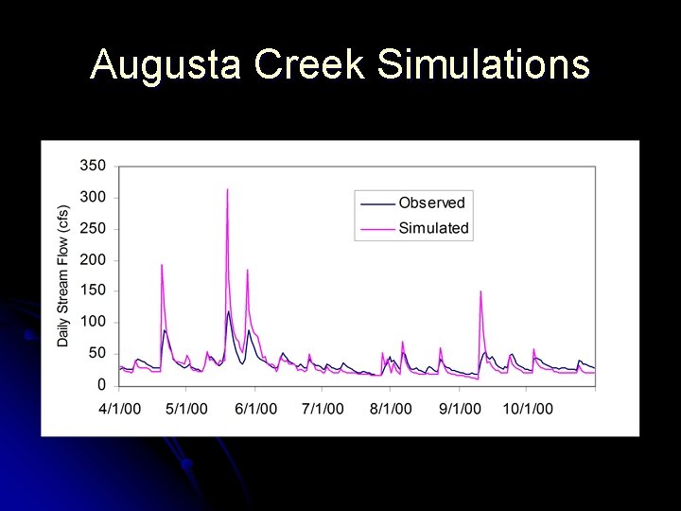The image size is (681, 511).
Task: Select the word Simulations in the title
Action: (482, 65)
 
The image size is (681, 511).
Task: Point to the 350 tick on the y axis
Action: (93, 166)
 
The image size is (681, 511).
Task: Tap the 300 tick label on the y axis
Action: (93, 198)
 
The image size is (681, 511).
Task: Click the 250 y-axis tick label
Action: (93, 229)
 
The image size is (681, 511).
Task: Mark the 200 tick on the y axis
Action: (93, 260)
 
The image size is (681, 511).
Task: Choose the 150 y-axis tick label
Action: (93, 291)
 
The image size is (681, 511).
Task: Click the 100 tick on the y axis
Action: (93, 323)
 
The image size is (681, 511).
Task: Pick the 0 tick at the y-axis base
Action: (102, 385)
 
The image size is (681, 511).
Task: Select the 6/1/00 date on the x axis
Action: (255, 409)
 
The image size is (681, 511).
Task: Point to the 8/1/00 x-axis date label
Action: (391, 409)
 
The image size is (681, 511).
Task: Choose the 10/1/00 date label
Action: (528, 409)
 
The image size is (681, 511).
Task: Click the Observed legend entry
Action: (431, 203)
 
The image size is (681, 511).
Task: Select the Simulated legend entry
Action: (433, 228)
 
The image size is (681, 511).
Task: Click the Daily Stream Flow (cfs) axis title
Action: (63, 275)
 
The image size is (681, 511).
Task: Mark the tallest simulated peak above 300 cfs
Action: (227, 190)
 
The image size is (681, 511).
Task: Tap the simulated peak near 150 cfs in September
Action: (480, 291)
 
